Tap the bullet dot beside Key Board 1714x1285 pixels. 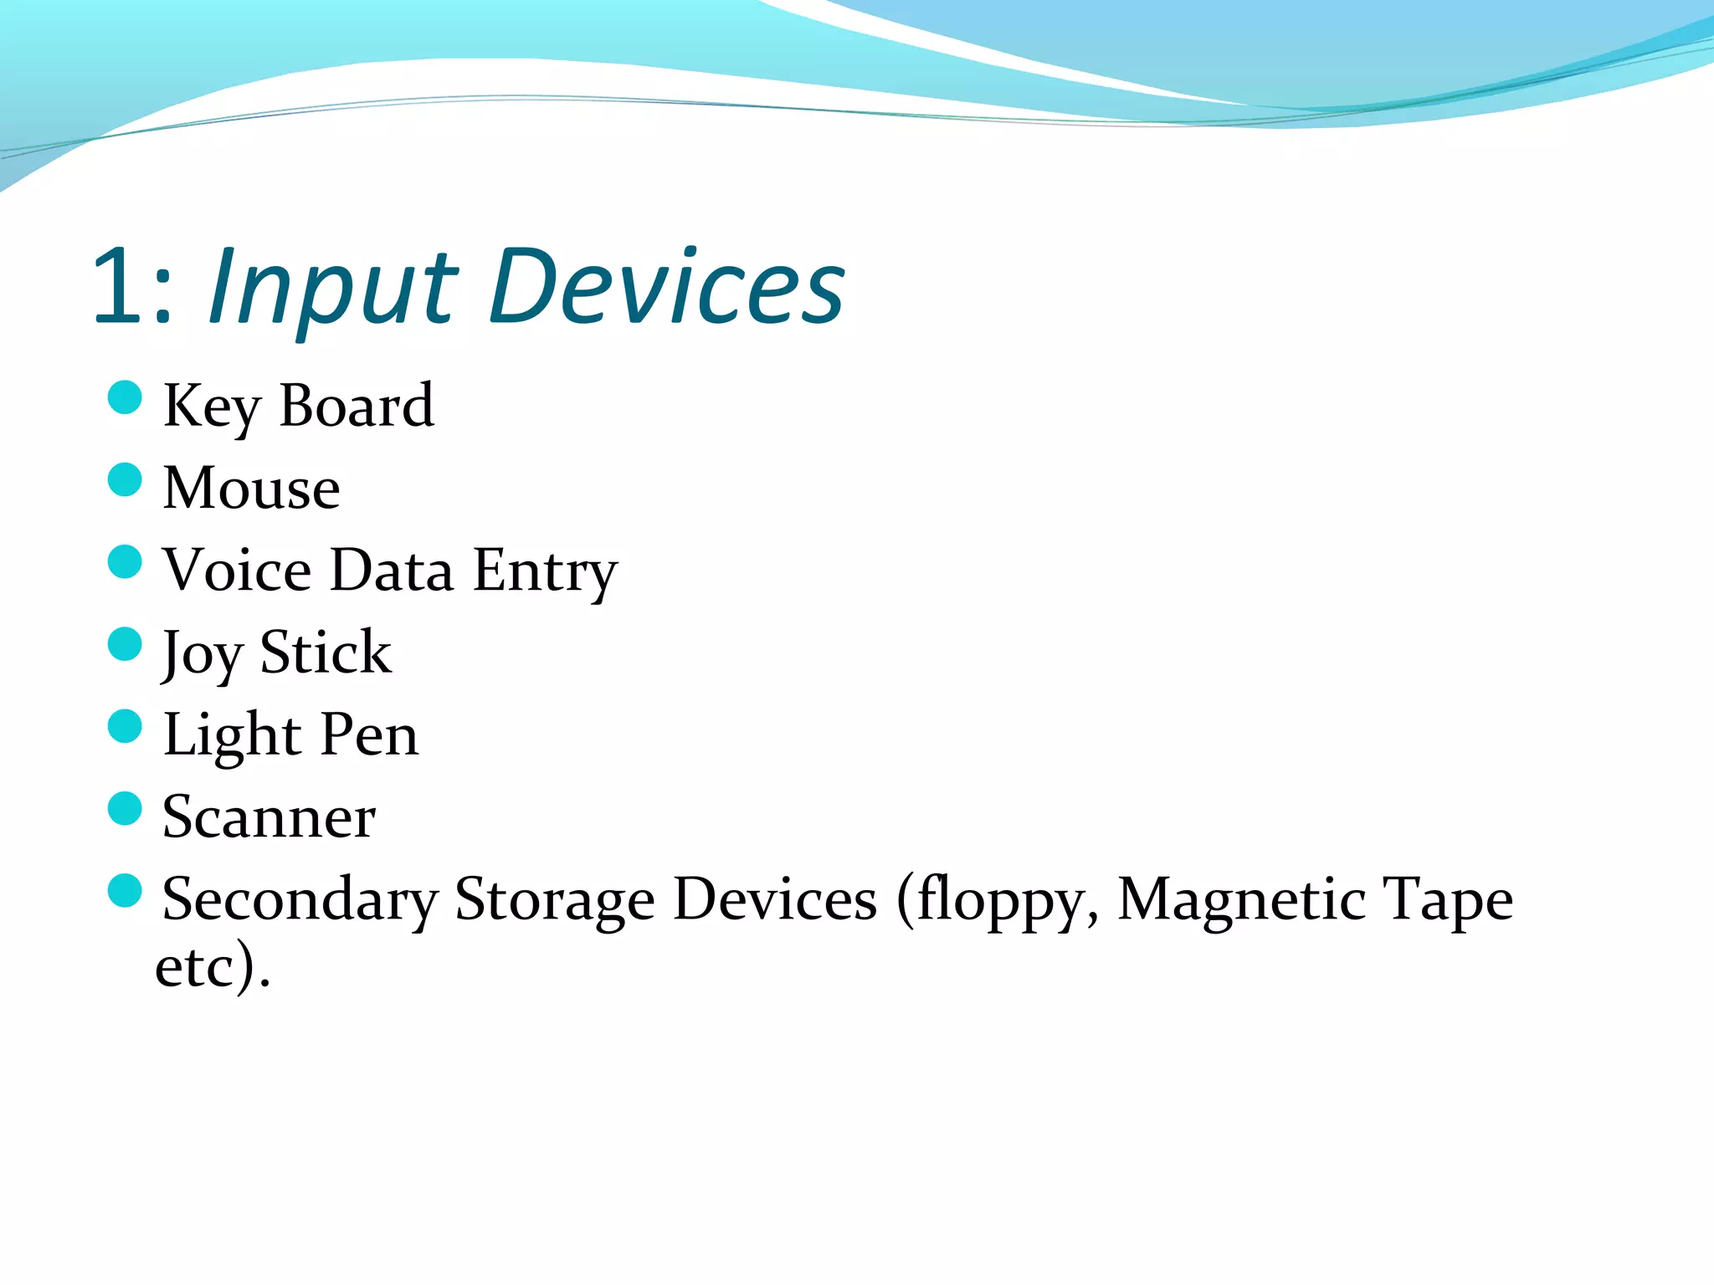(126, 397)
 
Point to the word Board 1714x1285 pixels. (357, 407)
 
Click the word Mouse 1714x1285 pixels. (252, 488)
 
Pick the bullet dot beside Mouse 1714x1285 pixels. (126, 479)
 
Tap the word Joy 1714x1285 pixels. (202, 653)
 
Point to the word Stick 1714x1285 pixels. (326, 652)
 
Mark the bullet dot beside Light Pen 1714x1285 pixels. (126, 726)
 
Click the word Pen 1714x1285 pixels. (369, 735)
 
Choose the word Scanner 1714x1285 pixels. (269, 817)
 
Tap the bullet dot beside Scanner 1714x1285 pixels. (126, 808)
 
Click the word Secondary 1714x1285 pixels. (300, 900)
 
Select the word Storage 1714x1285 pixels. (554, 900)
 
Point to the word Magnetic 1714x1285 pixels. (1242, 900)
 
